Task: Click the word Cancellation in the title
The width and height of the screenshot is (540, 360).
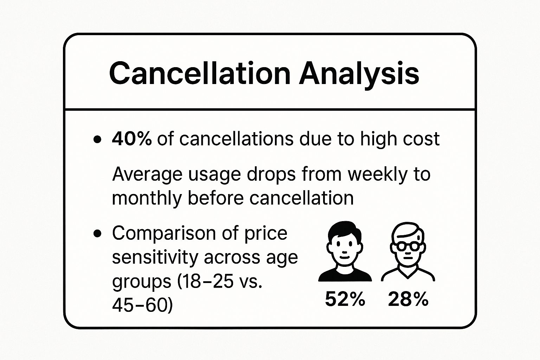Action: coord(199,73)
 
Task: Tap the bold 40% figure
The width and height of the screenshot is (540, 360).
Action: coord(131,139)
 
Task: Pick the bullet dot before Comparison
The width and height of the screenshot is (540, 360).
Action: coord(97,233)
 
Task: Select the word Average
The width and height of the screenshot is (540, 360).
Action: coord(147,174)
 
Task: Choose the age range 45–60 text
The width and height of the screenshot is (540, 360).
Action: coord(142,305)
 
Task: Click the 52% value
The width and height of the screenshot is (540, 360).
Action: coord(345,300)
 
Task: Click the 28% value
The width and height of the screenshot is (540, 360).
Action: coord(408,300)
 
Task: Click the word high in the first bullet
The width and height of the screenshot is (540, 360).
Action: coord(377,139)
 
